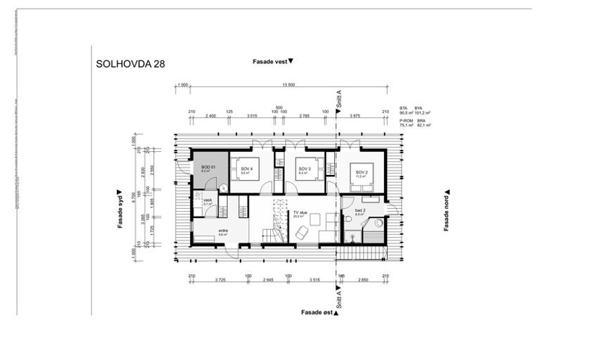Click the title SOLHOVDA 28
pos(132,63)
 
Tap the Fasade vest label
pos(272,62)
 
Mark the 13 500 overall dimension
pos(288,84)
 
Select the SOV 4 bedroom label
pos(246,169)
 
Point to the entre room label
pos(223,231)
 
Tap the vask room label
pos(207,201)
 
